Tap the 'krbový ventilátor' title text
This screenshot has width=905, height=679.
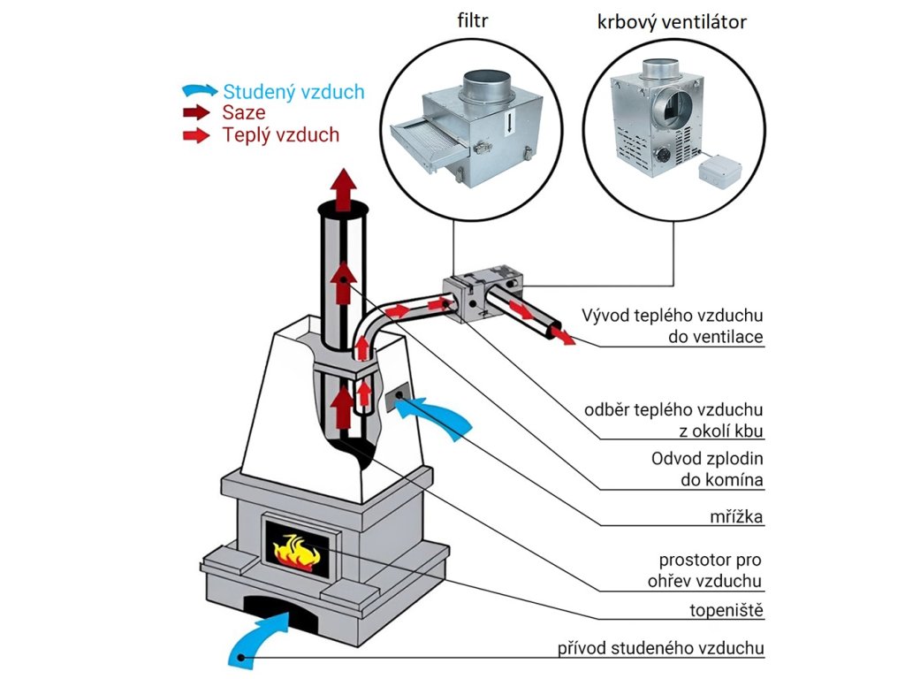tap(671, 22)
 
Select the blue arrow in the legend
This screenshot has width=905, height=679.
tap(199, 90)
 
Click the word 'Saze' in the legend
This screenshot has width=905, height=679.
tap(244, 113)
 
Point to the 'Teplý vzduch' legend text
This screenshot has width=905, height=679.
tap(281, 135)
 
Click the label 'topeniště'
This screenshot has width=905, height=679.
tap(726, 610)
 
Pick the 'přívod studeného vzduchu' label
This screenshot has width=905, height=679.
tap(659, 648)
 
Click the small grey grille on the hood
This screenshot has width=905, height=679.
tap(395, 397)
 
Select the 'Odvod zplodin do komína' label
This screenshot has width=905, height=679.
tap(707, 469)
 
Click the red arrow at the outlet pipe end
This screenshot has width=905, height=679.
tap(559, 334)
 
